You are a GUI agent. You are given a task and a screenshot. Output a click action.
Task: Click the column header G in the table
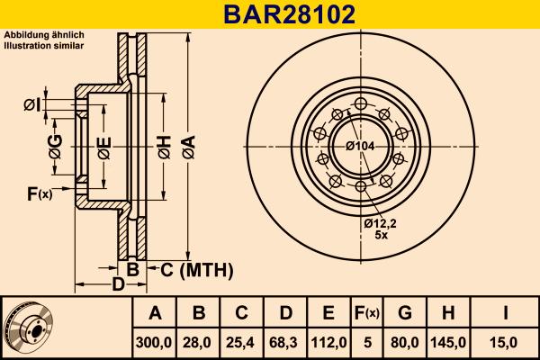coord(406,313)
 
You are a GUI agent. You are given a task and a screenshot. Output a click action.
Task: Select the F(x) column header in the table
coord(368,313)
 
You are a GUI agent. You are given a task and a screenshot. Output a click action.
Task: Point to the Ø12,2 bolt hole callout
coord(381,222)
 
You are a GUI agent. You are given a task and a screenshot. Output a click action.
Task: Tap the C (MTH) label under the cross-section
coord(196,270)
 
